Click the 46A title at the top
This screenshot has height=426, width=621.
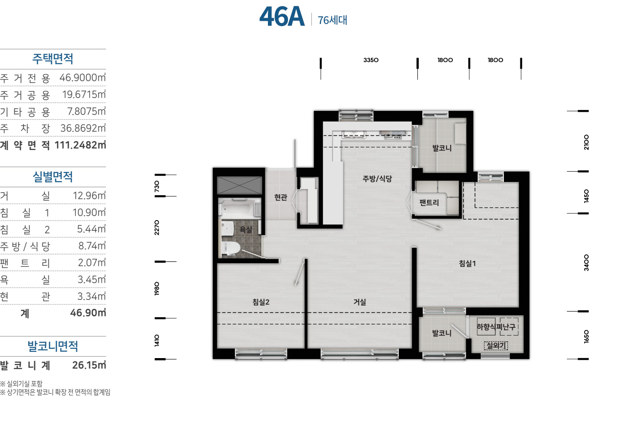pyautogui.click(x=282, y=17)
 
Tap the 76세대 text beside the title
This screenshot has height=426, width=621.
pyautogui.click(x=332, y=20)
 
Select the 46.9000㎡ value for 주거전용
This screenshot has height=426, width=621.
pyautogui.click(x=83, y=78)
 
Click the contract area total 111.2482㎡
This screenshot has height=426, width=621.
pyautogui.click(x=80, y=145)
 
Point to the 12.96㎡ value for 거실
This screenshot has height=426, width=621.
pyautogui.click(x=89, y=196)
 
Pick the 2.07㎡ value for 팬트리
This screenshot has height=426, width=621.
pyautogui.click(x=92, y=263)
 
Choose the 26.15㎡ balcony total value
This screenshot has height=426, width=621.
pyautogui.click(x=89, y=365)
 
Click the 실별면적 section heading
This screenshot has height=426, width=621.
pyautogui.click(x=53, y=177)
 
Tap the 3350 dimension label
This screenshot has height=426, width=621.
pyautogui.click(x=371, y=60)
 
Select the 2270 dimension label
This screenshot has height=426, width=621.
pyautogui.click(x=157, y=228)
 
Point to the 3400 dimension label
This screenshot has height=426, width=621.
pyautogui.click(x=586, y=263)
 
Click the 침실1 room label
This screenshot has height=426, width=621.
pyautogui.click(x=468, y=263)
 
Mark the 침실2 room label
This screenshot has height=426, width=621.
pyautogui.click(x=261, y=302)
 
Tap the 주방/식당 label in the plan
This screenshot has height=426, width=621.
pyautogui.click(x=377, y=178)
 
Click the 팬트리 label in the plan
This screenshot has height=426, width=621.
pyautogui.click(x=429, y=203)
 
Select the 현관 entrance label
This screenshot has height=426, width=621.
pyautogui.click(x=280, y=197)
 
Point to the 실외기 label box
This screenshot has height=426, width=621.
pyautogui.click(x=496, y=346)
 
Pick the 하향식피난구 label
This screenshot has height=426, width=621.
pyautogui.click(x=496, y=327)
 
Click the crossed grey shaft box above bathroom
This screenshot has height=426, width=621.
pyautogui.click(x=240, y=185)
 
